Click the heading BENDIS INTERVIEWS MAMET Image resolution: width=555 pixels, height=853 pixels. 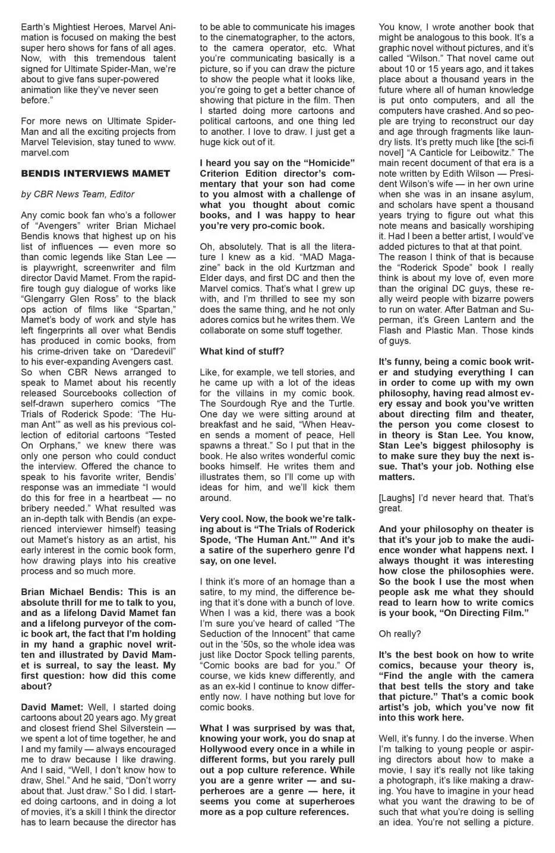95,173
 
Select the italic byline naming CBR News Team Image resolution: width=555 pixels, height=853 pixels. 77,194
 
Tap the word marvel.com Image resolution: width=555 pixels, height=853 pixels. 45,153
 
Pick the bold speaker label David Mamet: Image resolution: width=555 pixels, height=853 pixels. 52,707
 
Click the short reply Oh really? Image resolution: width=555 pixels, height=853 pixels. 399,634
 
